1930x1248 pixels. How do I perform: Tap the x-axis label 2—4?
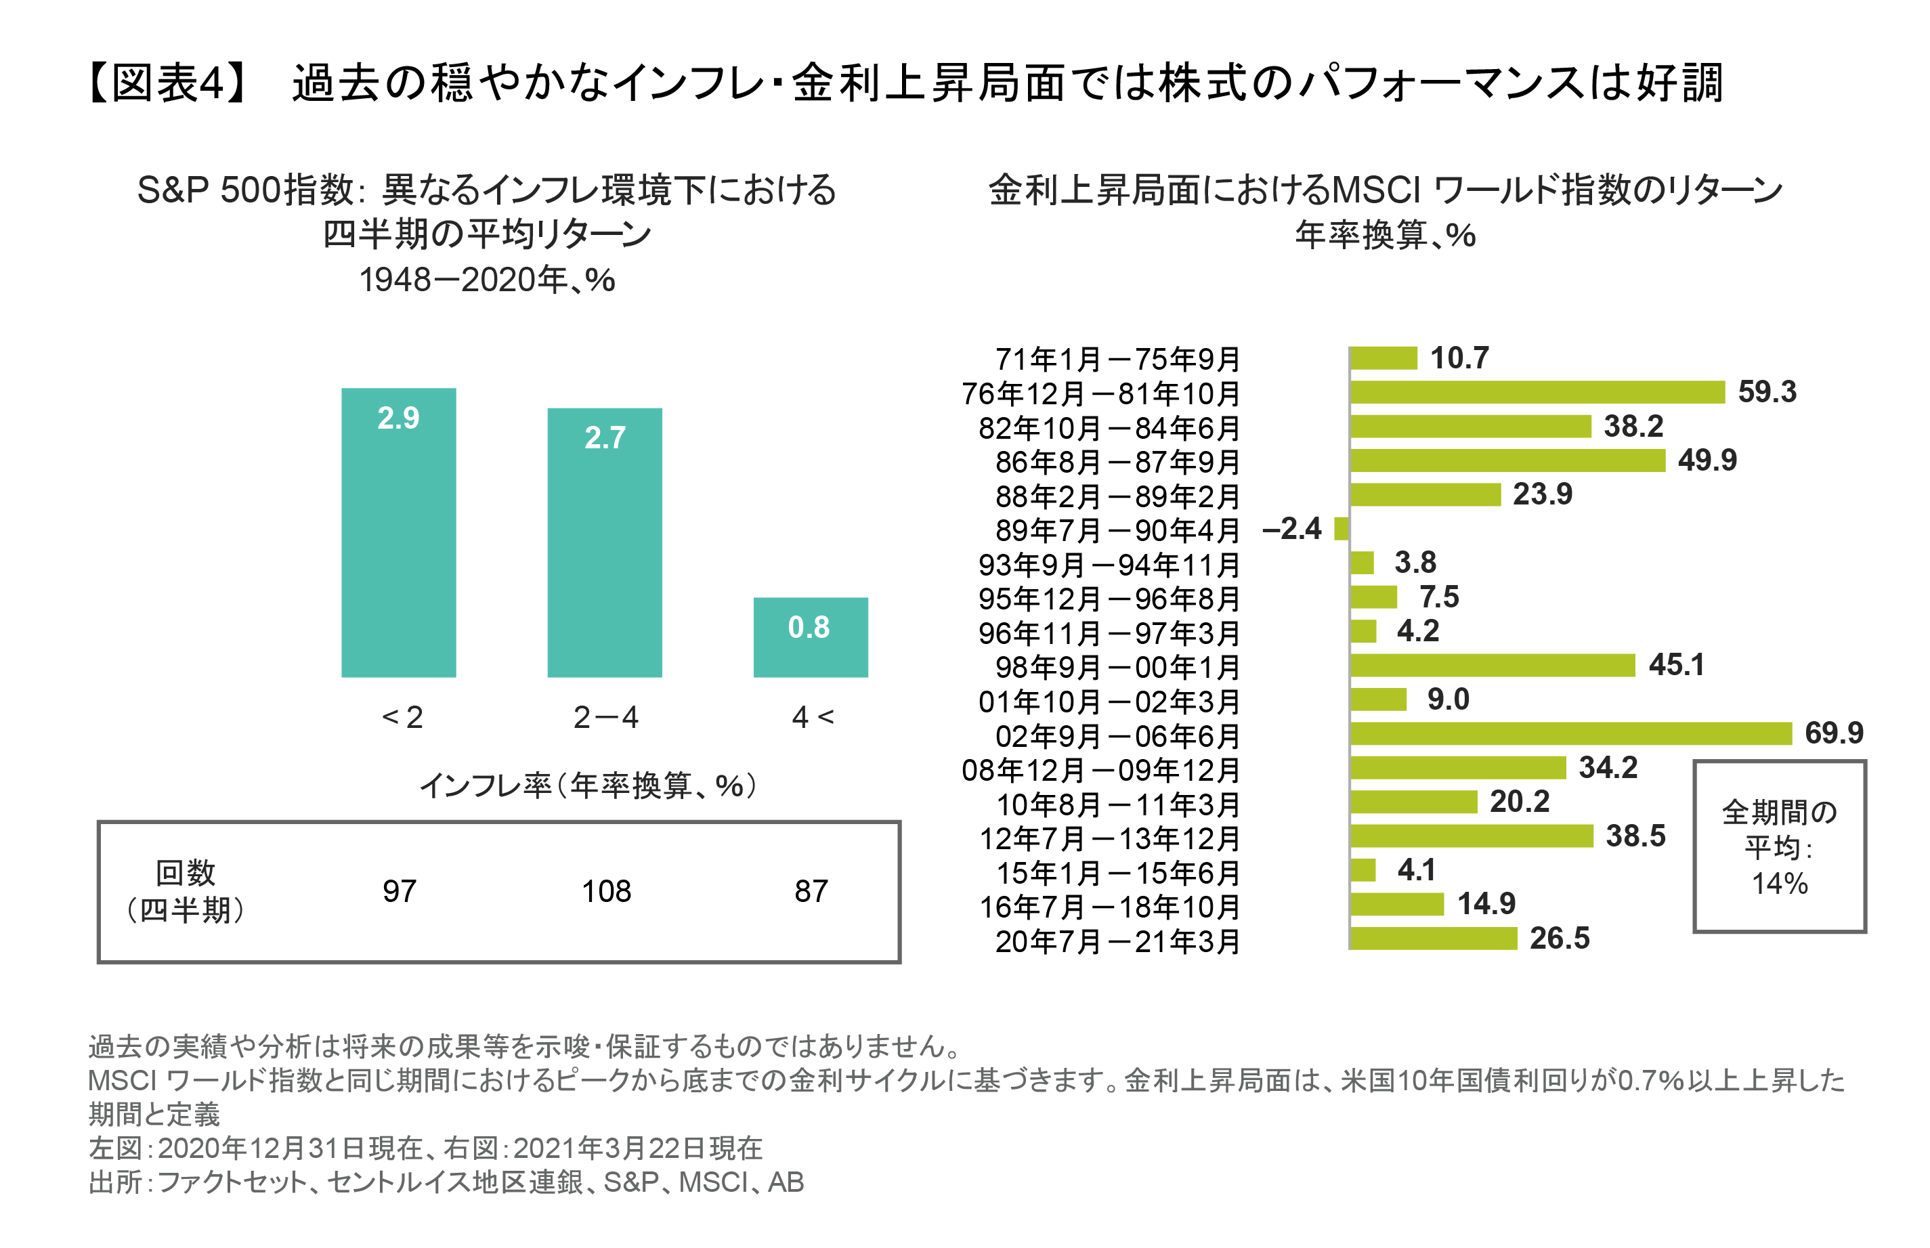point(605,717)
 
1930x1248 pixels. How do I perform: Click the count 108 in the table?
point(605,890)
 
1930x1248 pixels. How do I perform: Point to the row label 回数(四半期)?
point(186,890)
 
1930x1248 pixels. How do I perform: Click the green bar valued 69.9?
point(1570,733)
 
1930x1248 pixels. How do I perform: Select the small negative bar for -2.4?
point(1340,528)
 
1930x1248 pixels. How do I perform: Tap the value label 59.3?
point(1765,392)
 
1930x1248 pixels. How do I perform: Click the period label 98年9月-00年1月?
point(1117,667)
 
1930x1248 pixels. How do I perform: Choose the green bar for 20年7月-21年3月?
point(1432,939)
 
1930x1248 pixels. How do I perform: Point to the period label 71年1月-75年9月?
point(1117,358)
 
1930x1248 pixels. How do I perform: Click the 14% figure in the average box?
point(1778,883)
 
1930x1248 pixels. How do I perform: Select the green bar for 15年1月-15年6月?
point(1363,869)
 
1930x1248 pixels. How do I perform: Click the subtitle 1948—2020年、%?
point(486,280)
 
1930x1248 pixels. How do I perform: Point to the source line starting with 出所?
point(446,1182)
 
